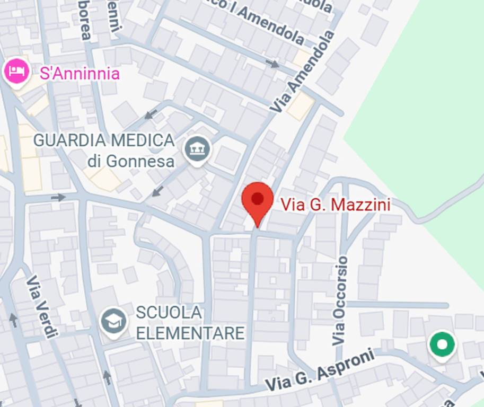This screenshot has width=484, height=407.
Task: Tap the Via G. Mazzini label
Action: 335,205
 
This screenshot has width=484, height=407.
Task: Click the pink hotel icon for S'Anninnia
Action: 17,71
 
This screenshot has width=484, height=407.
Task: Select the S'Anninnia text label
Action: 80,74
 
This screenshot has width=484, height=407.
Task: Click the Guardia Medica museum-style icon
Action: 197,150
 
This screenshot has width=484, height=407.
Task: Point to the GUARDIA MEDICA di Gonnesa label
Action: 104,151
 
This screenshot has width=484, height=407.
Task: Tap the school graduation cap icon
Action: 114,321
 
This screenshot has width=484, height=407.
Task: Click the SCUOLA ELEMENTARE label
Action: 190,323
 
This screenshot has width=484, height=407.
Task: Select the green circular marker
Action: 442,345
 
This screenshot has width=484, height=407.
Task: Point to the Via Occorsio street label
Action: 340,300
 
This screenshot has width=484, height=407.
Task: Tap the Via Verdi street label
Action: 41,306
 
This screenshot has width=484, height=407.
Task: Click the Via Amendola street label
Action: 303,71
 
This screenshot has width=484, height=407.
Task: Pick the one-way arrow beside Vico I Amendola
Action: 272,64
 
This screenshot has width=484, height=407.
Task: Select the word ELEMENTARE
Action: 190,333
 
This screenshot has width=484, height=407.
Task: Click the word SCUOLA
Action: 169,313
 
